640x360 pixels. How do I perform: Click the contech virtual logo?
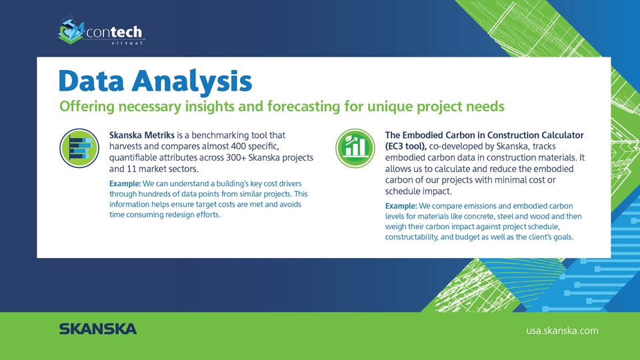(101, 31)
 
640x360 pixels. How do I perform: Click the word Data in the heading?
(91, 81)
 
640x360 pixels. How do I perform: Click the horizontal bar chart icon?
(79, 148)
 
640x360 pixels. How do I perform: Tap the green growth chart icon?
(355, 148)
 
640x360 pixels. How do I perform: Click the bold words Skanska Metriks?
(141, 135)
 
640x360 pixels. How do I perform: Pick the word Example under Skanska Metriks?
(125, 184)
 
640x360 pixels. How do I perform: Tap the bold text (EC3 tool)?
(406, 147)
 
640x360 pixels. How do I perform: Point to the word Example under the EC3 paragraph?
(401, 206)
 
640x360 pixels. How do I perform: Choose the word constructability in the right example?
(411, 237)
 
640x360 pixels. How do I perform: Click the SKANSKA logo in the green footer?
(98, 329)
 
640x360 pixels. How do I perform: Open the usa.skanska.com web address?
(562, 331)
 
